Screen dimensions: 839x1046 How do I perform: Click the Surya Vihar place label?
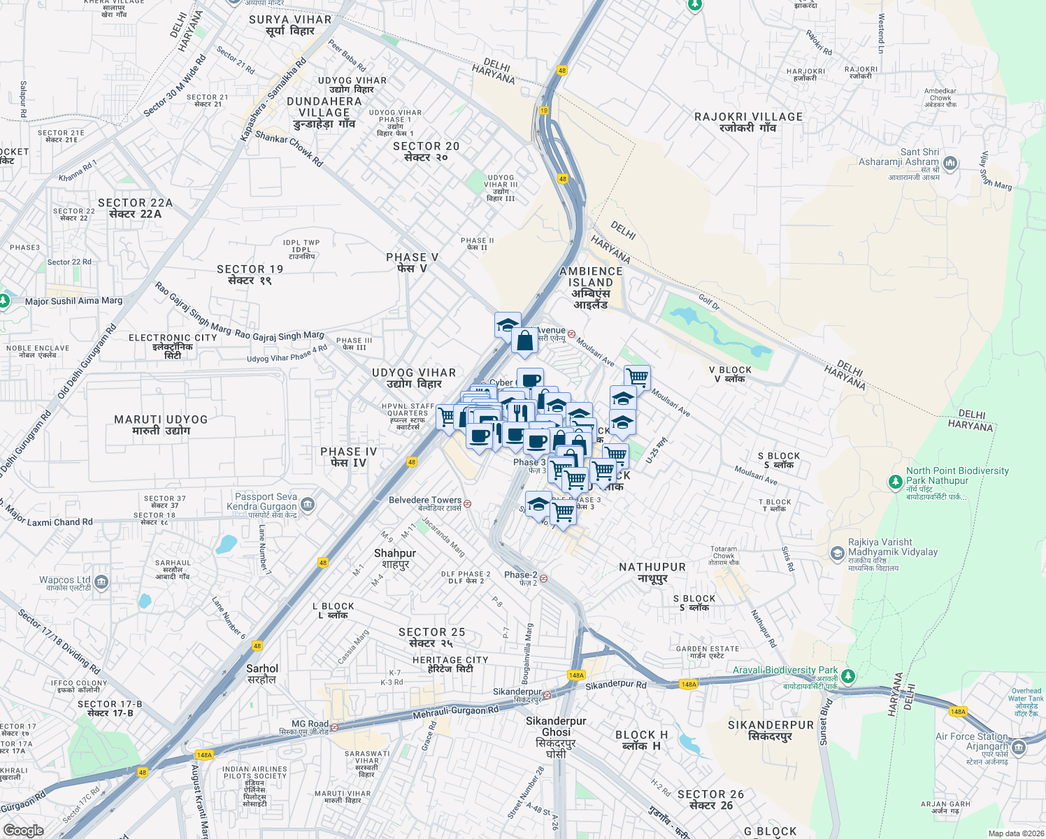pyautogui.click(x=290, y=25)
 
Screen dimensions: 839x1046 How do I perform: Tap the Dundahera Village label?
pyautogui.click(x=324, y=112)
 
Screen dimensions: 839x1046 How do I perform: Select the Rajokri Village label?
pyautogui.click(x=748, y=122)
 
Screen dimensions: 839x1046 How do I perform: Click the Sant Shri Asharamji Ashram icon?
pyautogui.click(x=950, y=164)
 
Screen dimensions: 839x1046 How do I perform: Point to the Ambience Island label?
pyautogui.click(x=591, y=287)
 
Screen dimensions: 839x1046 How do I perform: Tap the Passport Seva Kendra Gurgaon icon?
pyautogui.click(x=308, y=505)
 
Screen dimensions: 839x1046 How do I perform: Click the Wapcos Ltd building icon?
pyautogui.click(x=101, y=582)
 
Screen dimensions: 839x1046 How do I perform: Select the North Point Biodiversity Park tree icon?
pyautogui.click(x=895, y=482)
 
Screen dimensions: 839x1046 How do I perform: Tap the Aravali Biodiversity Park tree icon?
pyautogui.click(x=848, y=676)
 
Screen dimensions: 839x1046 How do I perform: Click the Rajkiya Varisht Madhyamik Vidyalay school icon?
pyautogui.click(x=837, y=554)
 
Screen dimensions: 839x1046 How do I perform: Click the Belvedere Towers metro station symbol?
pyautogui.click(x=468, y=503)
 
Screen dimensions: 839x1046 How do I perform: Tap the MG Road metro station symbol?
pyautogui.click(x=334, y=727)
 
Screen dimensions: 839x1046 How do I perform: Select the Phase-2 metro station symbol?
pyautogui.click(x=543, y=578)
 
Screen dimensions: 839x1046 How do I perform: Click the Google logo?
pyautogui.click(x=23, y=831)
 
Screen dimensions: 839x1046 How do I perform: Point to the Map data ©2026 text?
pyautogui.click(x=1015, y=833)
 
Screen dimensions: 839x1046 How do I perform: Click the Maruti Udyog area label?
pyautogui.click(x=161, y=425)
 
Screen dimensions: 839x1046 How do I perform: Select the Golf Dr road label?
pyautogui.click(x=708, y=302)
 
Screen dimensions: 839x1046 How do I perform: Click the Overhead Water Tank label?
pyautogui.click(x=1026, y=701)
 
